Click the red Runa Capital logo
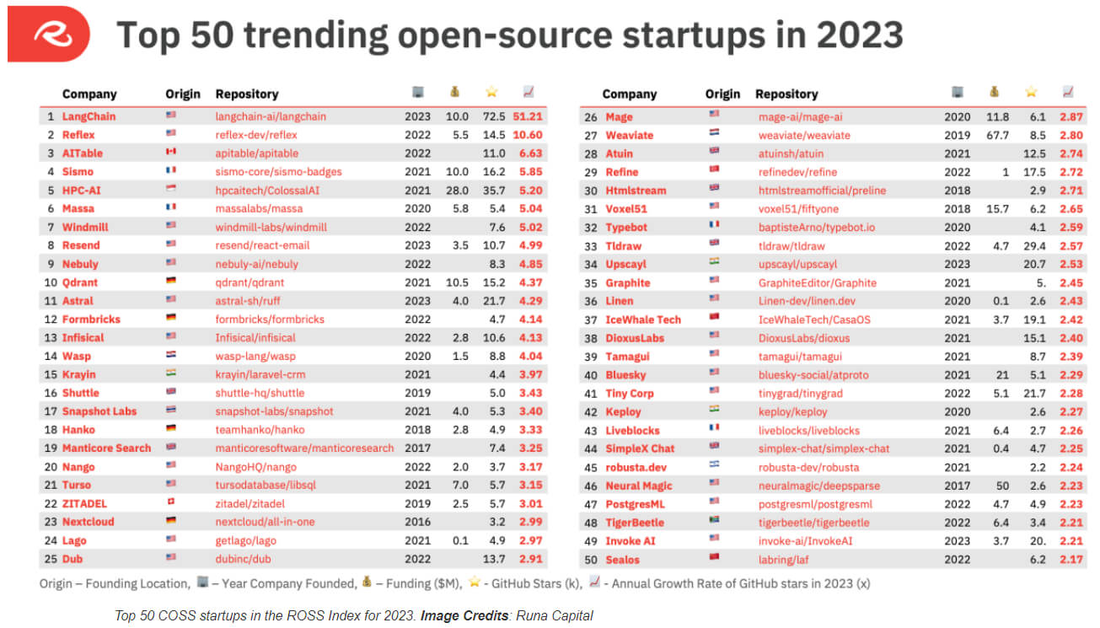(x=48, y=33)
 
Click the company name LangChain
(x=89, y=116)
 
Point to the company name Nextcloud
(x=89, y=522)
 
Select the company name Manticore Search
(x=106, y=448)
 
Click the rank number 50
(x=590, y=560)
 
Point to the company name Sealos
(x=623, y=560)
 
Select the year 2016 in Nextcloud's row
(x=417, y=522)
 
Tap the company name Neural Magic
(x=639, y=486)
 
